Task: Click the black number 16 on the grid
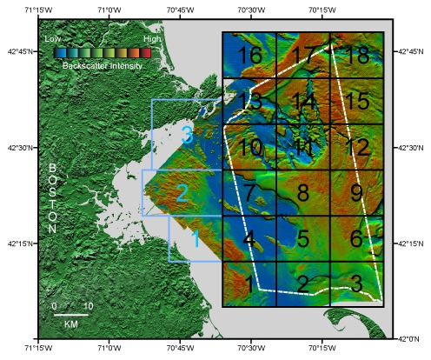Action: pos(250,56)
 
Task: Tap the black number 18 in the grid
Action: pos(357,56)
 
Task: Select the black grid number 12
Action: pos(357,147)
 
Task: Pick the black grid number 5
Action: pos(303,237)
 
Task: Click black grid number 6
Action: pos(357,237)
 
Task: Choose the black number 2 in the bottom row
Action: pos(303,283)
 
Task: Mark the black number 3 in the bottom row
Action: pos(357,283)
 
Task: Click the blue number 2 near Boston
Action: pos(182,193)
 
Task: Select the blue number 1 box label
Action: pos(196,237)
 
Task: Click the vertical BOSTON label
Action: pos(53,198)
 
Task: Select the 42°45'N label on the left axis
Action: pos(18,51)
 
